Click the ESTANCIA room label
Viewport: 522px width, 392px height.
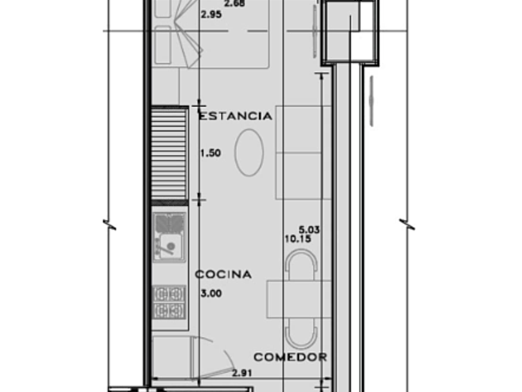(236, 116)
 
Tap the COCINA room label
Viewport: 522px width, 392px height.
(223, 274)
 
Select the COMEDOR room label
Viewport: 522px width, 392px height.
(290, 357)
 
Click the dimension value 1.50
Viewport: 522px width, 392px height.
(211, 153)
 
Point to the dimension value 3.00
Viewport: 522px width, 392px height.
(211, 293)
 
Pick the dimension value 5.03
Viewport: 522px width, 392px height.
(309, 230)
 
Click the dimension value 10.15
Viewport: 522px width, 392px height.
(298, 239)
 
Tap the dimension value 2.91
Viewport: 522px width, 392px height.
(242, 373)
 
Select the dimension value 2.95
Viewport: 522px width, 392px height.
(211, 15)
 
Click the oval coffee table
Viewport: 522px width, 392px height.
(249, 152)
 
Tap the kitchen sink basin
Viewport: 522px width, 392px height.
(169, 246)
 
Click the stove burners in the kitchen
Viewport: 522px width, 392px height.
(169, 302)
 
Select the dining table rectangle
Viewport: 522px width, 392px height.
(299, 299)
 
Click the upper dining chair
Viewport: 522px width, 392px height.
(301, 264)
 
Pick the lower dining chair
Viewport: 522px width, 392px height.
(301, 334)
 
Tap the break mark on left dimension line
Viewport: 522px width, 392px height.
(109, 225)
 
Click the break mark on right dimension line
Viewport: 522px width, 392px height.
(407, 225)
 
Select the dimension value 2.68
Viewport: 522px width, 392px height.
(235, 3)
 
